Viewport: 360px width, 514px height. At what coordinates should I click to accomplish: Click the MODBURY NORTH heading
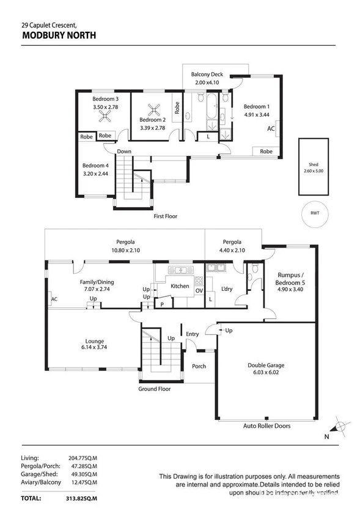coord(58,35)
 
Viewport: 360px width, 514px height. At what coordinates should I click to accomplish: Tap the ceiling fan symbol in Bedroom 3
coord(105,114)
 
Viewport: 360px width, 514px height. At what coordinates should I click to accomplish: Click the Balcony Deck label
coord(207,75)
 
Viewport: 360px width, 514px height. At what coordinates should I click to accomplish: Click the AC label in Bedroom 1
coord(271,129)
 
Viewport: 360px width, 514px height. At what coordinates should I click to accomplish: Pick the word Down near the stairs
coord(125,151)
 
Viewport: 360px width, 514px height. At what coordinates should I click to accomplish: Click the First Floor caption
coord(166,216)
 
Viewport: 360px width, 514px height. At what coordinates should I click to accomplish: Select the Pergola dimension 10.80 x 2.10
coord(125,249)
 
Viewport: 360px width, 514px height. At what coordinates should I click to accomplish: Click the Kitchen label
coord(180,286)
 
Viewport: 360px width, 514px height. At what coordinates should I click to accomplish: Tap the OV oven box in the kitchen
coord(199,290)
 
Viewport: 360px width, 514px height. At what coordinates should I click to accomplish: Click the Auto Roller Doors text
coord(266,425)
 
